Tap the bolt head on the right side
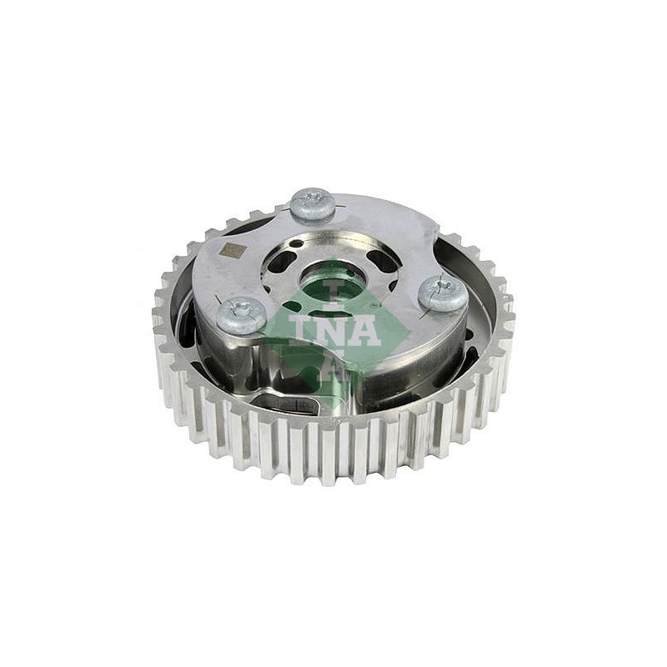[x=443, y=293]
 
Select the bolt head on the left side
[x=241, y=314]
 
